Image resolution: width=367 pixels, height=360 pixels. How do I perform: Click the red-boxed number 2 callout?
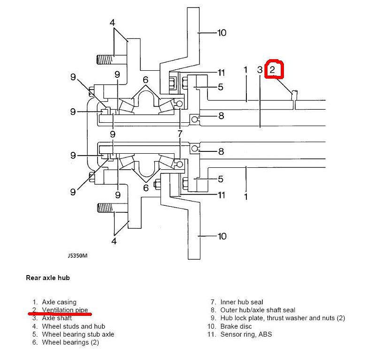point(273,70)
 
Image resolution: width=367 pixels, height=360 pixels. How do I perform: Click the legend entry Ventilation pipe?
point(65,310)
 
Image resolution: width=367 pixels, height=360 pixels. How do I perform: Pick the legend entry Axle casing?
point(59,302)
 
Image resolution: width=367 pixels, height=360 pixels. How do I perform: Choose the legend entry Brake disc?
point(236,326)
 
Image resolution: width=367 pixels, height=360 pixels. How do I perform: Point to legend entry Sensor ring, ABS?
point(246,334)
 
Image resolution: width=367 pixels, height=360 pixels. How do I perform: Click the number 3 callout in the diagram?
point(260,70)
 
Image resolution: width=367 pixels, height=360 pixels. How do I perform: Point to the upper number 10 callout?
point(222,33)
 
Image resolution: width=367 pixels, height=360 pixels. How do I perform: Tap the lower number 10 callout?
point(222,236)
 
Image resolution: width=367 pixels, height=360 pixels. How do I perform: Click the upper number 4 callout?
point(113,22)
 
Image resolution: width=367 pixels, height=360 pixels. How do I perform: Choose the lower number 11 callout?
point(222,195)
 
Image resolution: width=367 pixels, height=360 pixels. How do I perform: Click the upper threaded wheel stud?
point(106,60)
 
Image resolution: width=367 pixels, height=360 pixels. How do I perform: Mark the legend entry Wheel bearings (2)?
point(70,342)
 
